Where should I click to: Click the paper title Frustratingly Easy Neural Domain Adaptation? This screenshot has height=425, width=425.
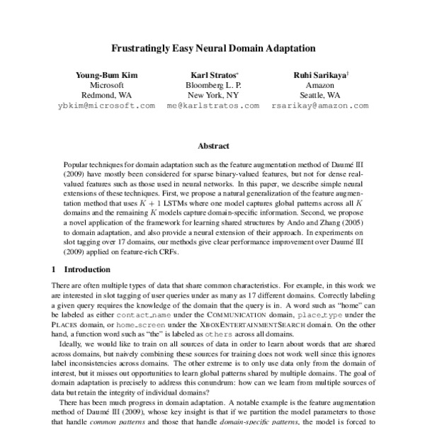click(213, 51)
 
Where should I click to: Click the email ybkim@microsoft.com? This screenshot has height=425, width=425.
click(106, 105)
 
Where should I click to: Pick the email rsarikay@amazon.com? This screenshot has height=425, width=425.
click(320, 105)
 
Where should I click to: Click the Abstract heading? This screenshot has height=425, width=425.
click(212, 146)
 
